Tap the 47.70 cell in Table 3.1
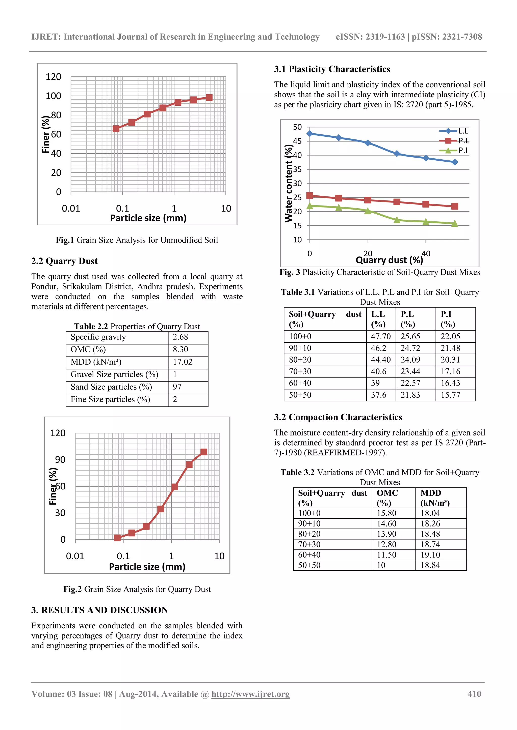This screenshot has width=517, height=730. click(380, 336)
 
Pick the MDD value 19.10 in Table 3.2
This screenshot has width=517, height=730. click(430, 555)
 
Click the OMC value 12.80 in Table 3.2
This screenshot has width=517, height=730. click(386, 544)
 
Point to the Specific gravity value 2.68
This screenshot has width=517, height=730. click(180, 337)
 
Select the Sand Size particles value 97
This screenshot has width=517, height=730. click(177, 387)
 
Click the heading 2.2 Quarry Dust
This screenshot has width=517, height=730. click(64, 261)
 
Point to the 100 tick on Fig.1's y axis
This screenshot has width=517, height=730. click(54, 96)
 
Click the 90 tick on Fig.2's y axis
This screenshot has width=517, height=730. click(60, 460)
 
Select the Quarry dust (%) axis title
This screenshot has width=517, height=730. click(389, 260)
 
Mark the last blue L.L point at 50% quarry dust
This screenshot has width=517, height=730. click(455, 162)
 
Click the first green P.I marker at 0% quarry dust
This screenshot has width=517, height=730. click(310, 206)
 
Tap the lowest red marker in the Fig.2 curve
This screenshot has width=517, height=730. click(117, 538)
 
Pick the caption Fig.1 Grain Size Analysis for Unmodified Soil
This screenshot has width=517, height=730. click(137, 240)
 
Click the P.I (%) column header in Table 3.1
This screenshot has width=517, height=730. click(447, 319)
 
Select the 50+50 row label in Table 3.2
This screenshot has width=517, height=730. click(309, 565)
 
